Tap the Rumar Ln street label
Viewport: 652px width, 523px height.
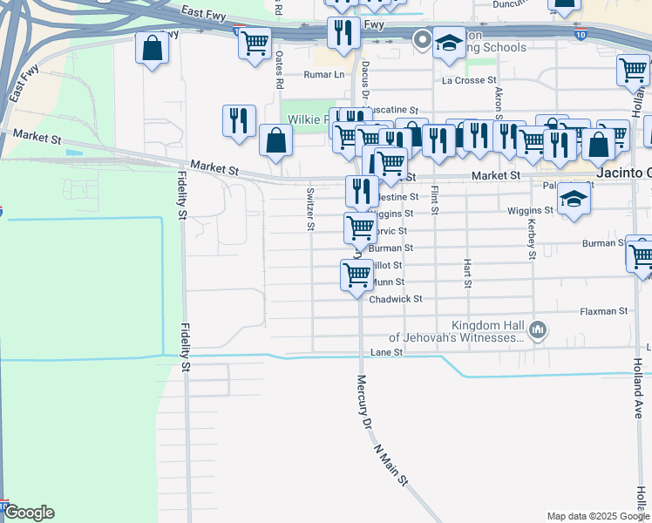click(x=324, y=75)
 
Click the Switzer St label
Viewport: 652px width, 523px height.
click(x=310, y=209)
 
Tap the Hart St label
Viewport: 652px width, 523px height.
click(x=468, y=273)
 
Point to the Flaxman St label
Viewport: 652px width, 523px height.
click(x=604, y=310)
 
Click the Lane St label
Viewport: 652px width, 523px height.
click(x=384, y=352)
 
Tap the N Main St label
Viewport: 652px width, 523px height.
click(x=391, y=467)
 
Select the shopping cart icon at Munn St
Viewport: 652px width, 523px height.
click(x=357, y=275)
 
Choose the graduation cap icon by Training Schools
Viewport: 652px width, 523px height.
click(x=448, y=44)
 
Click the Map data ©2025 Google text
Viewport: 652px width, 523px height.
click(x=596, y=516)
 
